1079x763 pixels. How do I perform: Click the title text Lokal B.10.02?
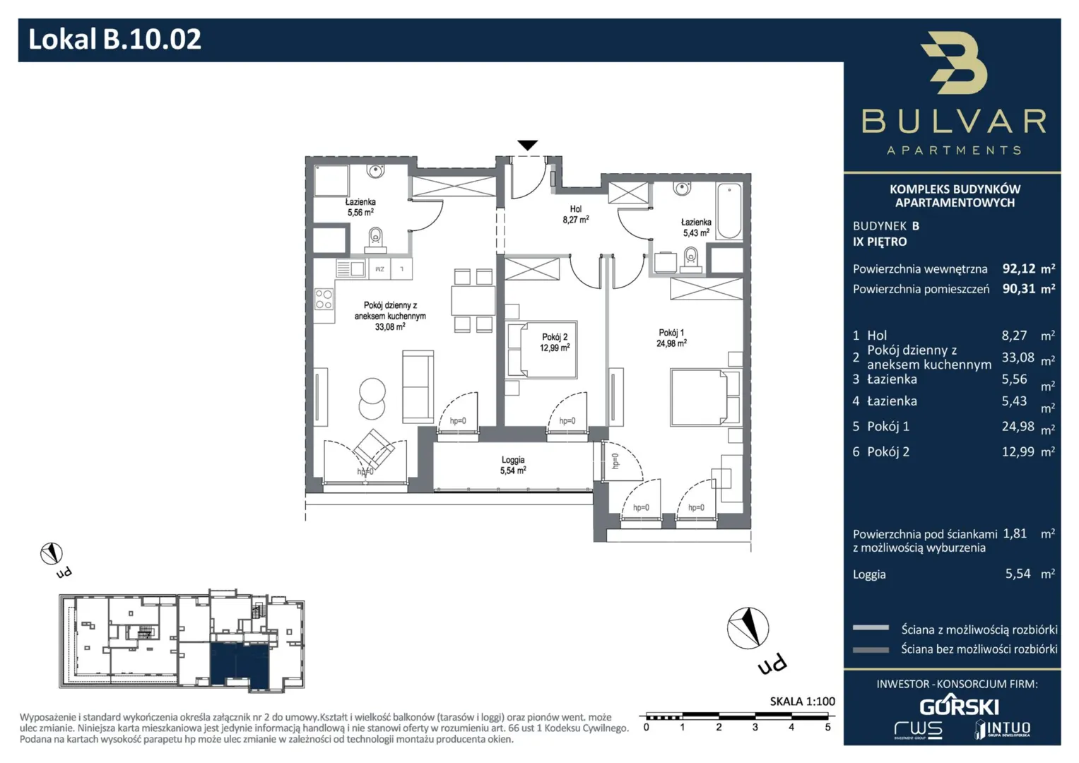tap(114, 39)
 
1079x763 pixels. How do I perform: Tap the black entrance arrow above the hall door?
tap(527, 145)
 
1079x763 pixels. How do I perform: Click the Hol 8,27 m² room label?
tap(576, 214)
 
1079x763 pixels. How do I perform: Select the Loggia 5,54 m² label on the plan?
tap(512, 466)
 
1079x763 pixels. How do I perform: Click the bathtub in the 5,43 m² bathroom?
tap(729, 211)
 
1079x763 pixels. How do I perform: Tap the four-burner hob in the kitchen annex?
tap(324, 299)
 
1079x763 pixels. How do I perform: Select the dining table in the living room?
tap(473, 300)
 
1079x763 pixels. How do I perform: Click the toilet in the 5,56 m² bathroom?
tap(375, 240)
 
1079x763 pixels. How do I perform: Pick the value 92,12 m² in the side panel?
tap(1028, 268)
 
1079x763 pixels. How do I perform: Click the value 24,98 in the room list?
tap(1018, 426)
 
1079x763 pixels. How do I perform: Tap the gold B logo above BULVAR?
tap(954, 63)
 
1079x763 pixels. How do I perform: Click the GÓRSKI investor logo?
tap(959, 705)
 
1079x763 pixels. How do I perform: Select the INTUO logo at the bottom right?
tap(1003, 729)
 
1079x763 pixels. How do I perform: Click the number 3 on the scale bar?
tap(755, 728)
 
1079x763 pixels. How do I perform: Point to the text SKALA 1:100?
tap(802, 702)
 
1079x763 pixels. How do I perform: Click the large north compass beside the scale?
tap(748, 628)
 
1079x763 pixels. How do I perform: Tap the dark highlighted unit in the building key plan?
tap(240, 666)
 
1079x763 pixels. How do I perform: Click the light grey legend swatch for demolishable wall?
tap(871, 627)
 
